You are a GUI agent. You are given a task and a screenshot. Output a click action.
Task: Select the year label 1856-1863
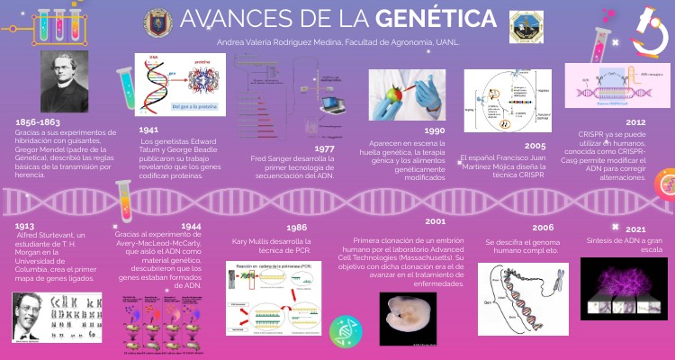(x=39, y=121)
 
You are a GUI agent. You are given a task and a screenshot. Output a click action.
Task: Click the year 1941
(x=149, y=130)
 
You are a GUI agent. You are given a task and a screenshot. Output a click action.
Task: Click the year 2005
(x=535, y=145)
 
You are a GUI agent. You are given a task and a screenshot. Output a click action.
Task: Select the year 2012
(x=635, y=121)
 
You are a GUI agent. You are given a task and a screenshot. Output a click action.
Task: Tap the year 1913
(x=24, y=226)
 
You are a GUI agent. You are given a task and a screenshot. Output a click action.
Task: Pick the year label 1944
(x=191, y=226)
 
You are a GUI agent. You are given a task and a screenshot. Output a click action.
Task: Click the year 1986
(x=298, y=229)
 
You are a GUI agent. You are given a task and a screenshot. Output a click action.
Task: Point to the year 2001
(x=436, y=220)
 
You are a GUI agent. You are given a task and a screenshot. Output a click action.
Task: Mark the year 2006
(x=543, y=228)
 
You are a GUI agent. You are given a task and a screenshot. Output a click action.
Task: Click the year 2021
(x=635, y=229)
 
